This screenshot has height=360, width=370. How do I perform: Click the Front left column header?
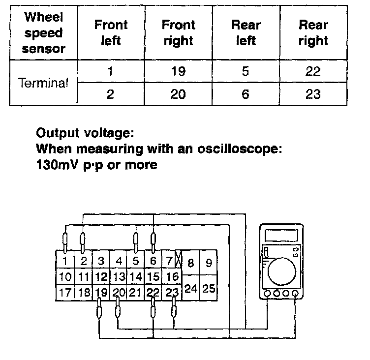tap(111, 32)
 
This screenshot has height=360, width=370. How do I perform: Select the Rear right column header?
tap(313, 32)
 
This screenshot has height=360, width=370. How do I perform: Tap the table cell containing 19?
tap(178, 72)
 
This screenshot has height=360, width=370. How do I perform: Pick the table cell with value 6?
tap(246, 93)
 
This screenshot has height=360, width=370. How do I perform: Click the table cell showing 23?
tap(313, 93)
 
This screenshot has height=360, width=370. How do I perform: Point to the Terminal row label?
tap(43, 83)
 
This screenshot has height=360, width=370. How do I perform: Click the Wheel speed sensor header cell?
tap(43, 32)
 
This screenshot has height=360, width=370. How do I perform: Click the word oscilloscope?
tap(243, 149)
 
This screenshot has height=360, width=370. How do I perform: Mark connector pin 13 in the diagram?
tap(118, 277)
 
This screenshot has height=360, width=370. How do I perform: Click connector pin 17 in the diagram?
tap(65, 293)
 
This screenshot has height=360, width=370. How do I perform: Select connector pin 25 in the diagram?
tap(209, 289)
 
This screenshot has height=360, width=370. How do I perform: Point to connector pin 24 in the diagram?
tap(191, 289)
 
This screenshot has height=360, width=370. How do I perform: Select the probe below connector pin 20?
tap(118, 311)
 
